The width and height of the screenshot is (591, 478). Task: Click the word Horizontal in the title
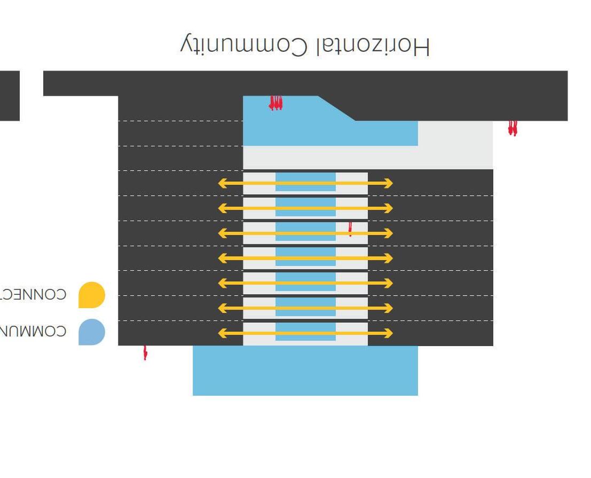point(371,46)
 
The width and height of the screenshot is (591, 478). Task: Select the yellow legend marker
point(91,295)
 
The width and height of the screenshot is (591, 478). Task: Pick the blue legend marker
point(91,332)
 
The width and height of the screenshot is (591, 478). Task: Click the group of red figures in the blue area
point(275,103)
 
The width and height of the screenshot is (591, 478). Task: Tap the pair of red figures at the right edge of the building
point(513,128)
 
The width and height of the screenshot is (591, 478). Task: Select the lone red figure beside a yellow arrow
point(350,229)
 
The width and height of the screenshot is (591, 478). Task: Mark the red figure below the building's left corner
point(145,353)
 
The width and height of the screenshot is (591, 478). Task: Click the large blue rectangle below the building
point(305,371)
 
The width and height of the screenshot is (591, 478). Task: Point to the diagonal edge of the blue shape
point(337,108)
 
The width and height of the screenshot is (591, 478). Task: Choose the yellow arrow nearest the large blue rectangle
point(305,333)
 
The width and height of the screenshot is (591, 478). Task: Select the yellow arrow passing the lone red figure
point(305,233)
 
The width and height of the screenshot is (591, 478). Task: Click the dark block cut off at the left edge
point(9,96)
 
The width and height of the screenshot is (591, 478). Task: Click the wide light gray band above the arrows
point(367,158)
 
